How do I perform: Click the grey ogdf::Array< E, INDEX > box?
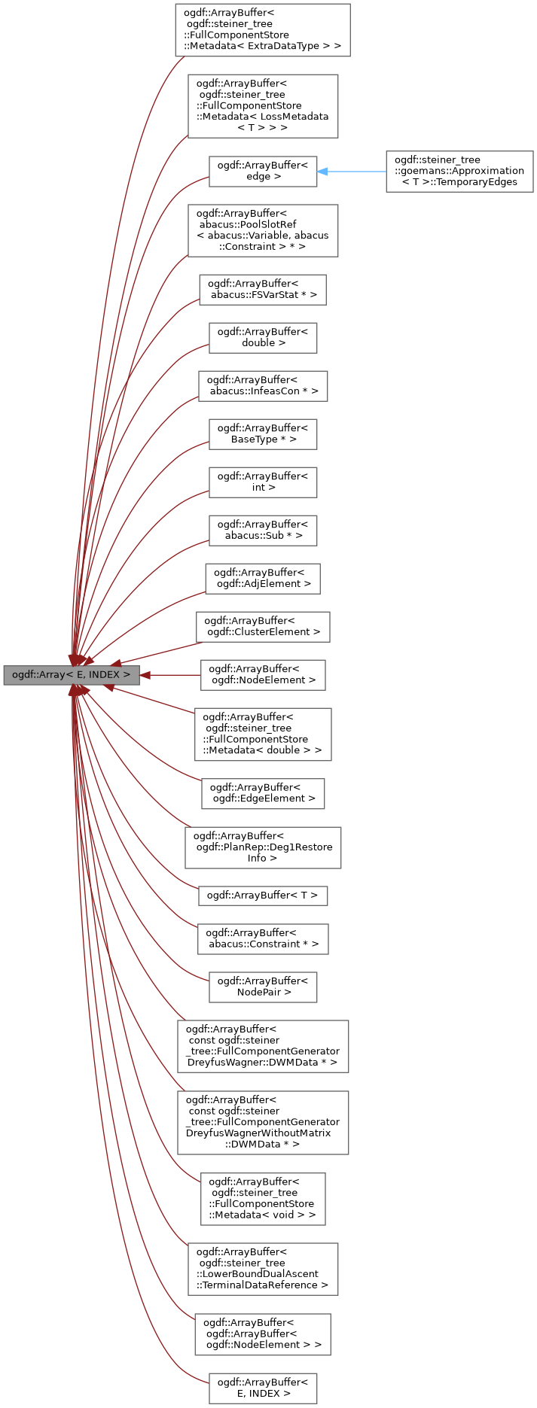72,675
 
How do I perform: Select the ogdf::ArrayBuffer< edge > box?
262,171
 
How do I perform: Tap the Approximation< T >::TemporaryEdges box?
459,171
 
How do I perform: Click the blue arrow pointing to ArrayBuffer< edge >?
351,172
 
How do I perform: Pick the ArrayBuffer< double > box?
262,337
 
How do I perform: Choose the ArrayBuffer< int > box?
262,482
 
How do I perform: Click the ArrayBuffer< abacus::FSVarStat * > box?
262,289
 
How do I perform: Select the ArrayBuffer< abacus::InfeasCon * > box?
262,385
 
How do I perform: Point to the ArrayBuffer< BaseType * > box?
262,433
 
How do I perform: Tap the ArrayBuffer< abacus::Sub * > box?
262,530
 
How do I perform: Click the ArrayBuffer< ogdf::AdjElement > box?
262,578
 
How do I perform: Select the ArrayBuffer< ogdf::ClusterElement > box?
262,626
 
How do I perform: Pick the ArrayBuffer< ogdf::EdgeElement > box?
262,793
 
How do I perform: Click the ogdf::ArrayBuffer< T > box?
262,895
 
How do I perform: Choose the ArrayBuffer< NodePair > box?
262,987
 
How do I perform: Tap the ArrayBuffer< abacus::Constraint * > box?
262,938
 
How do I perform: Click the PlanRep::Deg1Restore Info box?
262,847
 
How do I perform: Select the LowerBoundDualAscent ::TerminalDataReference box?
262,1269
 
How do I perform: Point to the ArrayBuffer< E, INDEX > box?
262,1388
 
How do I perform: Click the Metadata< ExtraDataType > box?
262,29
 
